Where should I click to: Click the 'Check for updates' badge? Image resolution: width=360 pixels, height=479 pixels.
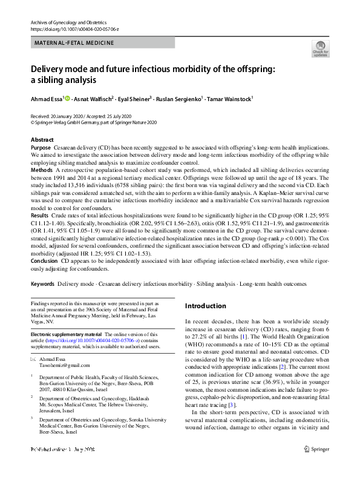click(320, 48)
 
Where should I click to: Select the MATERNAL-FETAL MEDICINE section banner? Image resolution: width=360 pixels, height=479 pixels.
click(74, 43)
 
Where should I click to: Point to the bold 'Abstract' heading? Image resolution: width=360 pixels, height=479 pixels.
click(42, 140)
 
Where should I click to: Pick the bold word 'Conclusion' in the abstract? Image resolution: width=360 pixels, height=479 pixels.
click(45, 261)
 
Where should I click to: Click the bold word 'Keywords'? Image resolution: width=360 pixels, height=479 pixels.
click(43, 284)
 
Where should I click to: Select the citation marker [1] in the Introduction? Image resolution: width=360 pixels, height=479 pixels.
click(243, 336)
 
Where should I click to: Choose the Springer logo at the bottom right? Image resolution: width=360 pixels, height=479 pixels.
click(315, 466)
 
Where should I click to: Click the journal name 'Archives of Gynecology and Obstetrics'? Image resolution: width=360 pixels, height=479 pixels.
click(69, 22)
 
